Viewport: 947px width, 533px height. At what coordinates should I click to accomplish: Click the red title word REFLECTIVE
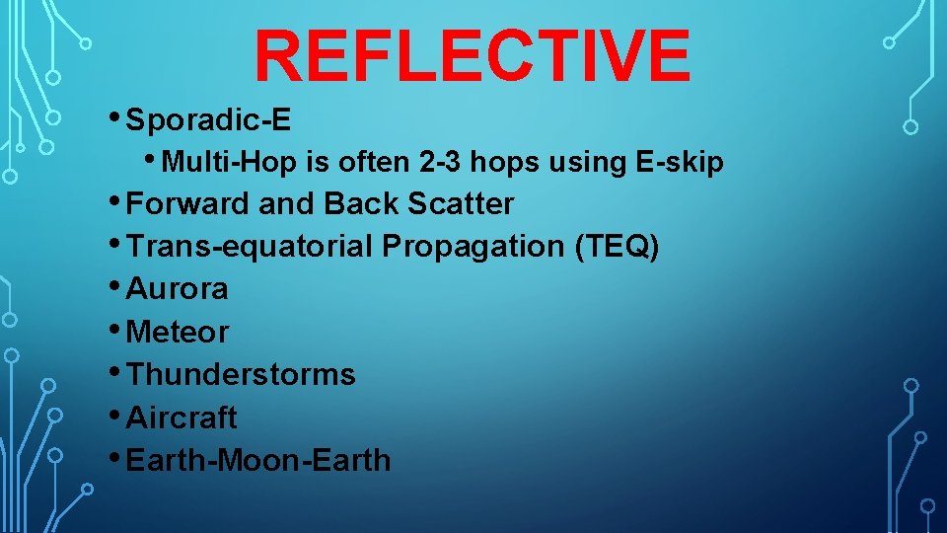pos(472,56)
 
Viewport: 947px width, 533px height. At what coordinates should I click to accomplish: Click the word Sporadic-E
pos(209,120)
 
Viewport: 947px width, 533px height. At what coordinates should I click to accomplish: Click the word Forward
pos(188,204)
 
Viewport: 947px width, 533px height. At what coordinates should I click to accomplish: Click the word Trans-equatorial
pos(250,247)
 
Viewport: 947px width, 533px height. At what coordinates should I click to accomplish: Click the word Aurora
pos(178,289)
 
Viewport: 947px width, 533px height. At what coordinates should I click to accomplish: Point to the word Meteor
pos(178,333)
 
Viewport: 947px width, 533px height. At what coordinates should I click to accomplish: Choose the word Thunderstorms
pos(242,375)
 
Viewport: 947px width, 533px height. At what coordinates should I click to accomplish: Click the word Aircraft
pos(182,418)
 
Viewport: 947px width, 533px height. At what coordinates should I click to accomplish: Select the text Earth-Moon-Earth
pos(259,460)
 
